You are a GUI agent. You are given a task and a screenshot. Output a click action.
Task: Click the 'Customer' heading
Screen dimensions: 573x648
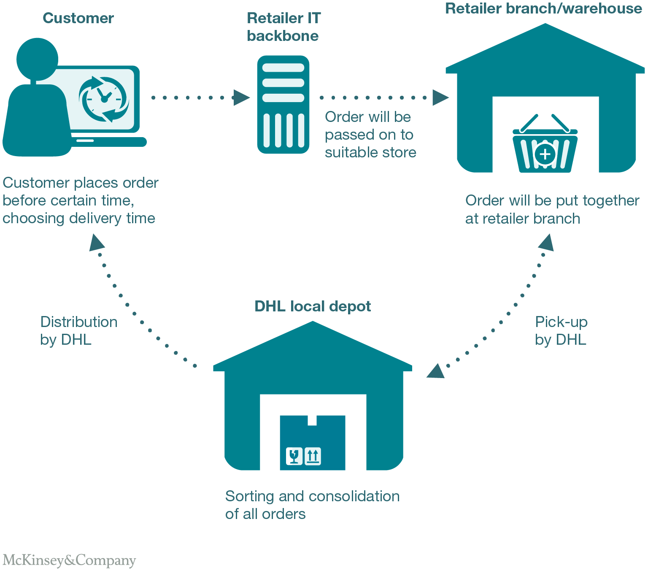click(78, 18)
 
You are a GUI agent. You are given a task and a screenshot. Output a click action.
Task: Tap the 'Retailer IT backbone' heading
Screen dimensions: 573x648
click(283, 27)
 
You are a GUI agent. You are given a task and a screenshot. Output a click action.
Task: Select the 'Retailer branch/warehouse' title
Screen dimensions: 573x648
click(544, 8)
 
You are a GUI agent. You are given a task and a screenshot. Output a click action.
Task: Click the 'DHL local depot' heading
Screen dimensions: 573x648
click(313, 306)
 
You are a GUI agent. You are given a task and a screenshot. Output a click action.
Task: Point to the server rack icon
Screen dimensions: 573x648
click(283, 104)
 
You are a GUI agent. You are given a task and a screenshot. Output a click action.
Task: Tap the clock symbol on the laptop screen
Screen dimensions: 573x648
click(104, 99)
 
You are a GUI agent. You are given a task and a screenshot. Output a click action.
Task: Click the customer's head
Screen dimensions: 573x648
click(38, 59)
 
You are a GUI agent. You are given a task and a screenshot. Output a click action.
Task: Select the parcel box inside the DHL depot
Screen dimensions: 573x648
click(313, 443)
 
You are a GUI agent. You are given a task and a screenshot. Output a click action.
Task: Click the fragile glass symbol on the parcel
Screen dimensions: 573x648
click(294, 456)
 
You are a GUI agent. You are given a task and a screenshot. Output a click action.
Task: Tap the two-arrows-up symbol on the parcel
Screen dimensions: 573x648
click(313, 456)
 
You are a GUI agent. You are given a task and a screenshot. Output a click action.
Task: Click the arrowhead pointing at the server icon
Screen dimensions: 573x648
click(241, 97)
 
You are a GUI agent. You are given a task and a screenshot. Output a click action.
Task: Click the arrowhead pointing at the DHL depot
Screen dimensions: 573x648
click(436, 371)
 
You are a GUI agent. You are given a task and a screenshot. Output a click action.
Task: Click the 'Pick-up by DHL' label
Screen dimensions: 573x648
click(561, 330)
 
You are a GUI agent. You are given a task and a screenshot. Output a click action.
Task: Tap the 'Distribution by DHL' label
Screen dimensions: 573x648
click(78, 330)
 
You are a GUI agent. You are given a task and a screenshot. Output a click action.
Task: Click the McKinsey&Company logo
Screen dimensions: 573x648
click(69, 560)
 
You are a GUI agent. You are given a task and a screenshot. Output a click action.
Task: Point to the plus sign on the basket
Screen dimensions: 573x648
click(545, 154)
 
